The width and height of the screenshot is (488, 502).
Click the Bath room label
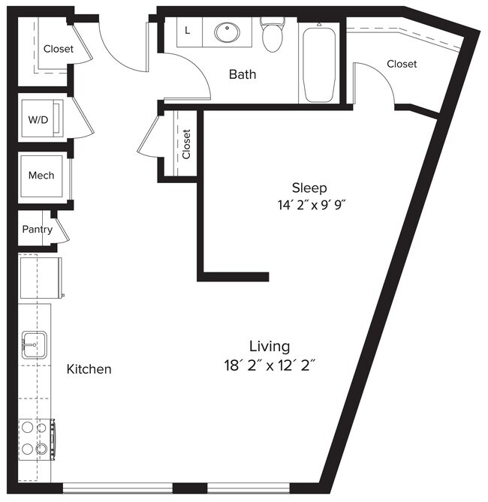(x=242, y=74)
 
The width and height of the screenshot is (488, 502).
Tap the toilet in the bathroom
(x=272, y=33)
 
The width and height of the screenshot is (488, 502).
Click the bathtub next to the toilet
(x=319, y=65)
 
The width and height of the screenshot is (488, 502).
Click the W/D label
(x=37, y=119)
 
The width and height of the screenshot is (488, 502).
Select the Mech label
(x=41, y=176)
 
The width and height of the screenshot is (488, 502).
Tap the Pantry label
(x=37, y=230)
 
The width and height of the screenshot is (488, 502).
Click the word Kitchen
(x=89, y=369)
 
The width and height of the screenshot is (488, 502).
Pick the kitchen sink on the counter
(x=35, y=346)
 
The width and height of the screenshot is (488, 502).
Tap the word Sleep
(x=309, y=187)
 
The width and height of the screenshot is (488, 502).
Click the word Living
(x=270, y=346)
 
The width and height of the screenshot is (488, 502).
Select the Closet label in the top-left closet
(x=58, y=49)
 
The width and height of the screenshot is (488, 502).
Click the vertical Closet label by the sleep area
(x=187, y=144)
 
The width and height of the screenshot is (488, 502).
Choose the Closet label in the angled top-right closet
(x=402, y=65)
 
